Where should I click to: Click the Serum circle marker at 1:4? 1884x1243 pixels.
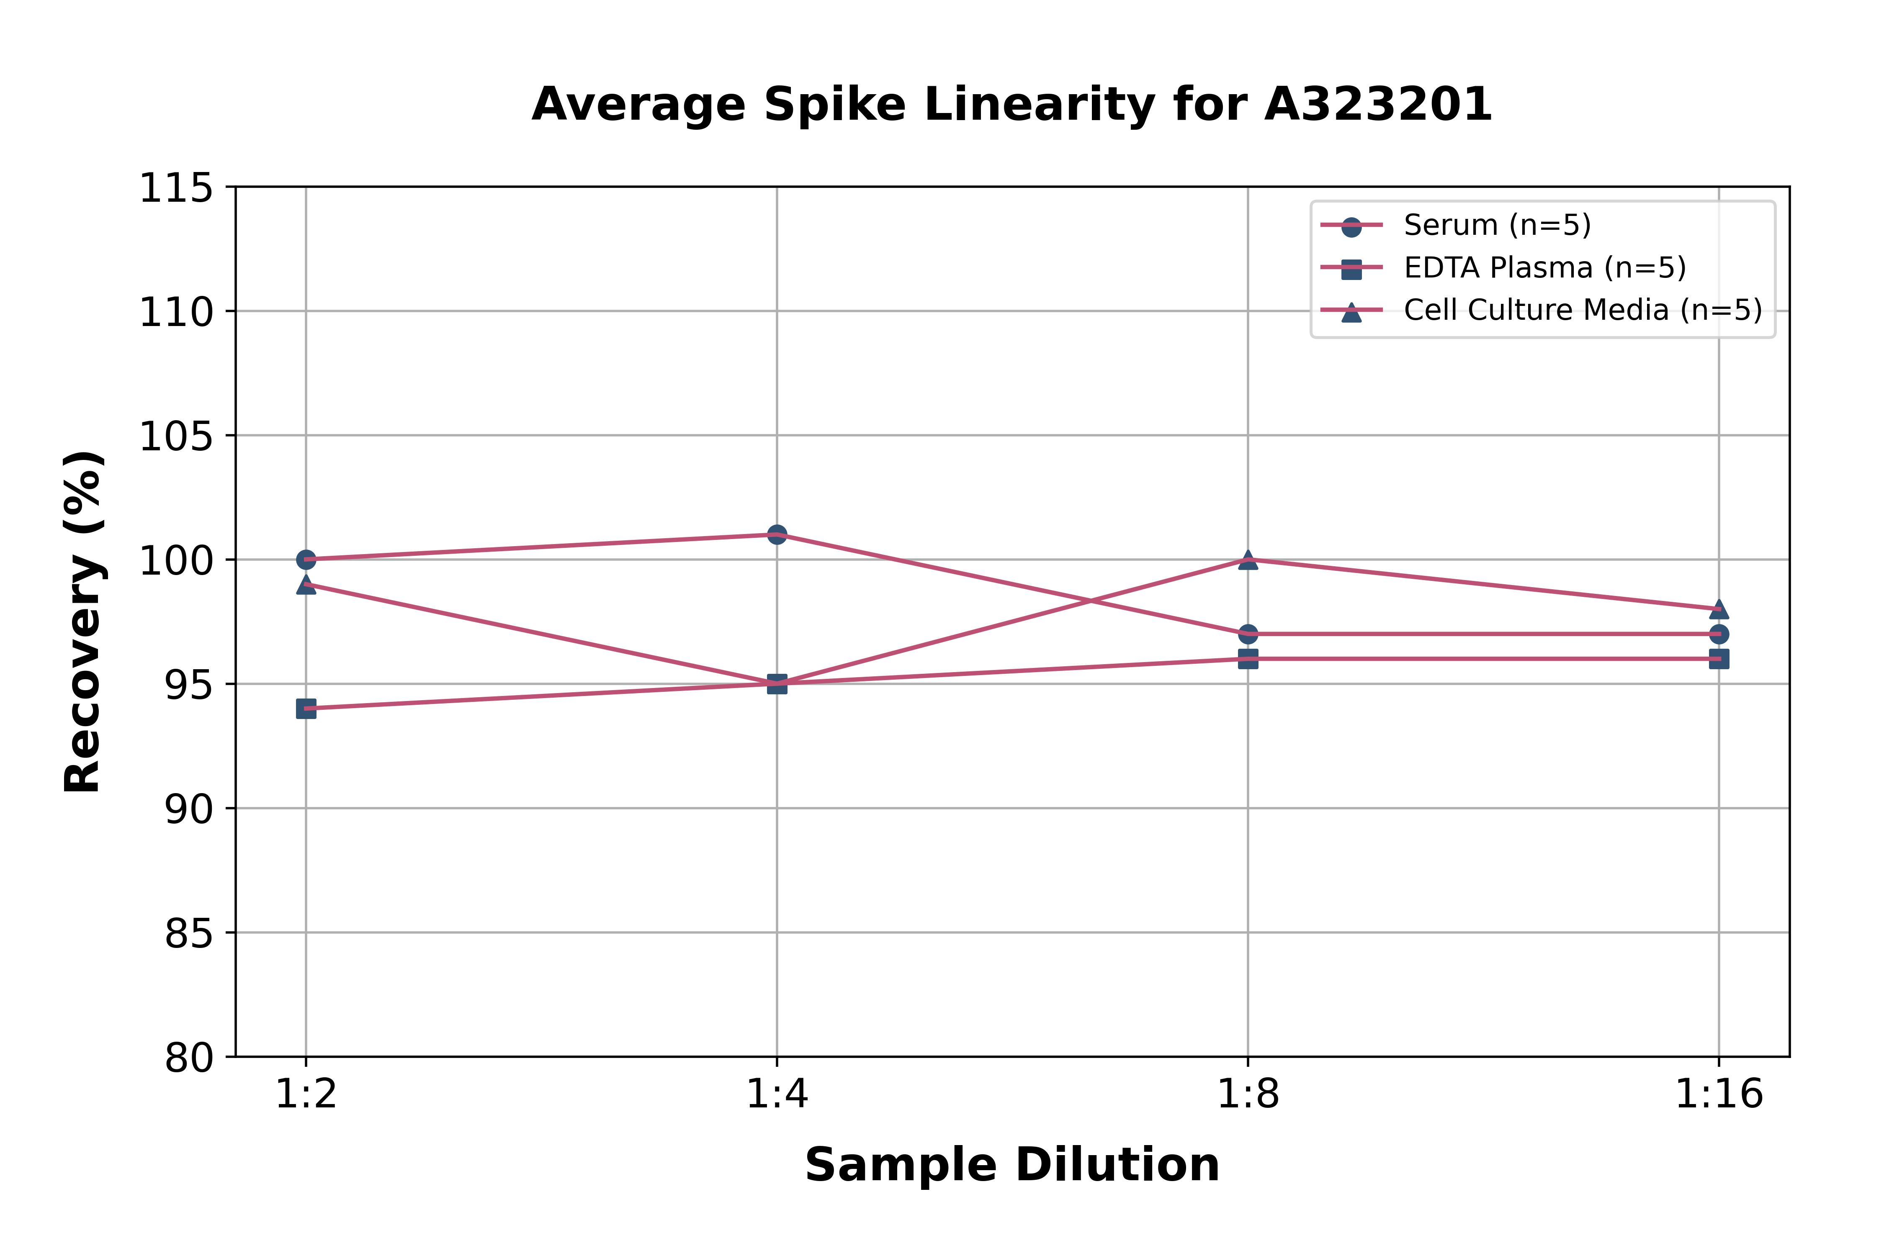point(777,534)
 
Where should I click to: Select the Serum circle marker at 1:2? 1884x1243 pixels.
point(306,560)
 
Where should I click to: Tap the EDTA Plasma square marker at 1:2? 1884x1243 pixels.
point(306,709)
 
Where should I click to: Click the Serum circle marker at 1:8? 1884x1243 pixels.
point(1248,634)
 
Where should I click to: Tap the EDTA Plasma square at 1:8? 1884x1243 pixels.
point(1248,659)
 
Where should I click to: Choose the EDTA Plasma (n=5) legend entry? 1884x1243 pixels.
point(1544,268)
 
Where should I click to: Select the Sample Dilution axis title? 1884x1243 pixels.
point(1012,1165)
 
